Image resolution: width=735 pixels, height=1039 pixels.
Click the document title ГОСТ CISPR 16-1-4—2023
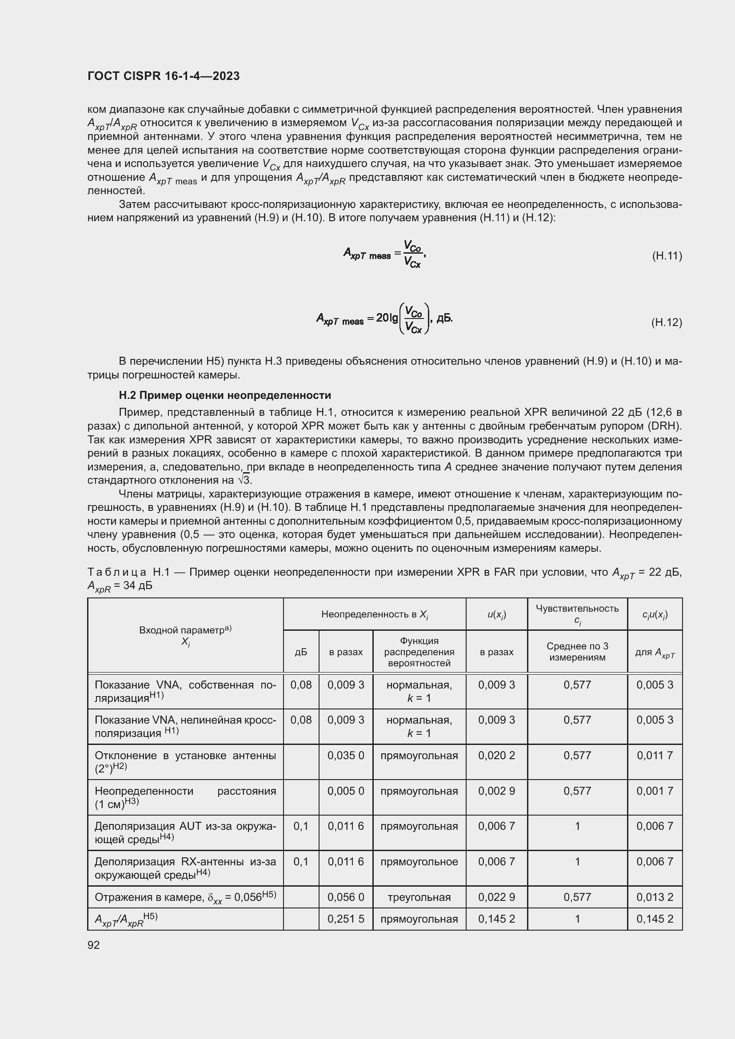click(x=164, y=76)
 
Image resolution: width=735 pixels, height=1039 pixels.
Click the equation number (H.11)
click(x=667, y=256)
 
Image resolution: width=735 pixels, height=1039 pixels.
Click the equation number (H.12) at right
click(x=667, y=322)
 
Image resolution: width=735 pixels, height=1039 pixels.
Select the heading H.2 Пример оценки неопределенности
click(x=224, y=395)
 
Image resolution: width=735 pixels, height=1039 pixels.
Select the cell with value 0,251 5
click(x=346, y=919)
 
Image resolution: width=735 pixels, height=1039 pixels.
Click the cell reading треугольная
click(x=419, y=897)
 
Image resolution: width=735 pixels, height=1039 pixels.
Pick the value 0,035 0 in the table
click(x=346, y=755)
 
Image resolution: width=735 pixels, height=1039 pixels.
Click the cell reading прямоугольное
click(x=419, y=862)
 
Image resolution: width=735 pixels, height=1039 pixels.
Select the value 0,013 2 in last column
click(x=655, y=897)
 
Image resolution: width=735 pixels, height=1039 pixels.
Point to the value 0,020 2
click(x=496, y=755)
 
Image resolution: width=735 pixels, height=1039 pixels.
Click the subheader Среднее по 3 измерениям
click(x=577, y=652)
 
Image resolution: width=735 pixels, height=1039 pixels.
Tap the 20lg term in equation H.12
click(x=387, y=318)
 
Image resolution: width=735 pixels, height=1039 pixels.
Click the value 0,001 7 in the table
click(x=655, y=791)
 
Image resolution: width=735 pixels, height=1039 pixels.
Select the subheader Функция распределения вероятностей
click(x=419, y=652)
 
